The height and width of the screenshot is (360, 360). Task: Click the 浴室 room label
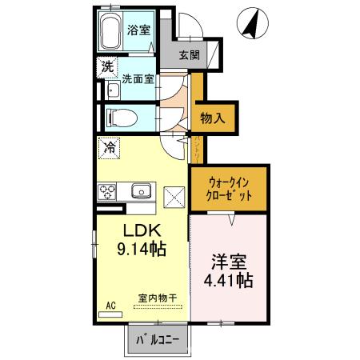pos(138,30)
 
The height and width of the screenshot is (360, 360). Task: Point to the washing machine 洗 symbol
pos(107,67)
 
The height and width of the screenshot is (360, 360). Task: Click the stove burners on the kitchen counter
pos(107,191)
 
